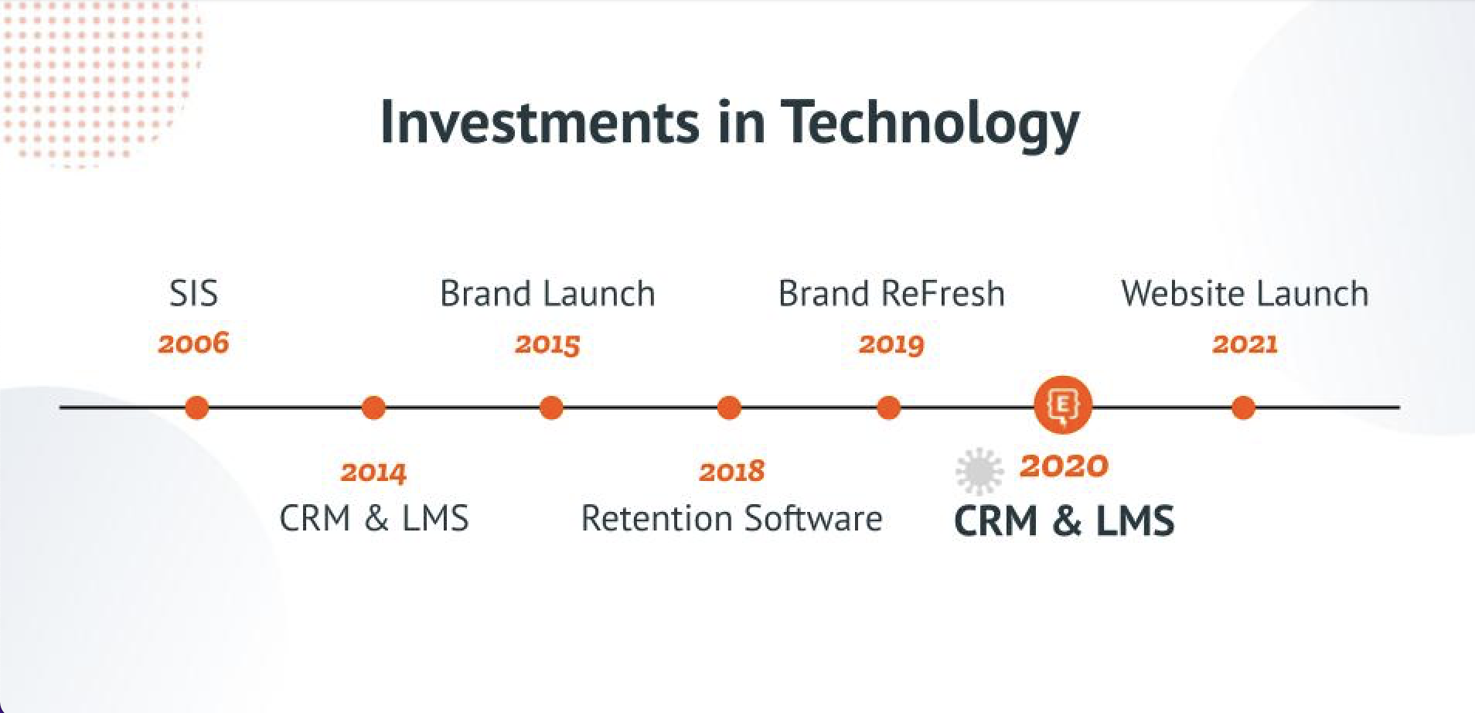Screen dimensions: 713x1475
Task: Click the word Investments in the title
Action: tap(540, 122)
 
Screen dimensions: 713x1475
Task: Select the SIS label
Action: tap(193, 294)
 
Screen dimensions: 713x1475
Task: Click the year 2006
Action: tap(193, 343)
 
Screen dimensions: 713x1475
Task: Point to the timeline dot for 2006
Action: tap(197, 408)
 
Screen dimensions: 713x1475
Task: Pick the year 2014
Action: tap(373, 472)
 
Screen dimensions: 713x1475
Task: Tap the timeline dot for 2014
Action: tap(373, 408)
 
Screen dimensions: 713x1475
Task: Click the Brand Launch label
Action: tap(547, 294)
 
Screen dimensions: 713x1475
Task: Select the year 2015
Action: tap(547, 344)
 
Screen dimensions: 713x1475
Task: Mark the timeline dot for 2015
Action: tap(551, 408)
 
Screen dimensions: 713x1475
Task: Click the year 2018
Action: tap(731, 471)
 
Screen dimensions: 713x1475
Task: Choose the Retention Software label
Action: tap(731, 518)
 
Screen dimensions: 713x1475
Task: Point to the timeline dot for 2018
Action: tap(729, 408)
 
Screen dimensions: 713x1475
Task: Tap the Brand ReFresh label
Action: tap(891, 294)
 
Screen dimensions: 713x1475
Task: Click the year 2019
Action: tap(891, 344)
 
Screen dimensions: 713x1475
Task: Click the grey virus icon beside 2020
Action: tap(979, 470)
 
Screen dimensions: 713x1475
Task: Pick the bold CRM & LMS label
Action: tap(1065, 520)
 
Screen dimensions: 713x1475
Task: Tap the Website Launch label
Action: tap(1245, 294)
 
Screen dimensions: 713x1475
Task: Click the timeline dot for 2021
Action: tap(1243, 408)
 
